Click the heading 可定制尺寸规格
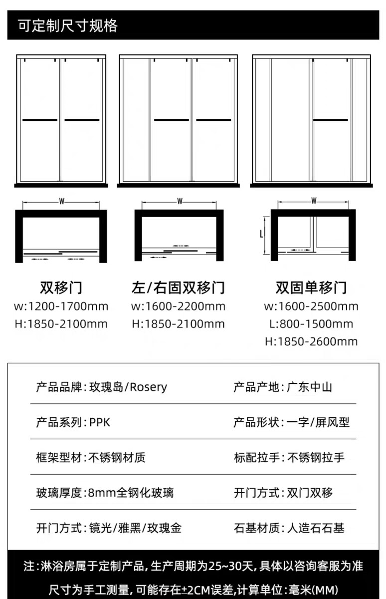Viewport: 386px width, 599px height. tap(68, 25)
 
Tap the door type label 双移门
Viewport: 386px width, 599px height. tap(61, 288)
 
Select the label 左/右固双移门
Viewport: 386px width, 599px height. tap(178, 288)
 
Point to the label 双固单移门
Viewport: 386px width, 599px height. tap(311, 288)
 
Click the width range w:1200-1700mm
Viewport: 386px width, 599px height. tap(61, 306)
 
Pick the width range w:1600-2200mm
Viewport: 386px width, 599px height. tap(178, 306)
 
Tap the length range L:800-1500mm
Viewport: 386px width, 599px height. tap(311, 324)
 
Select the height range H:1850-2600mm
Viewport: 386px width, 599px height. tap(311, 342)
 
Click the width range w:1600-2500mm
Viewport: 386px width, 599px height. tap(311, 306)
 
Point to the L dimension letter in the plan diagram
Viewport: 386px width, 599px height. tap(261, 233)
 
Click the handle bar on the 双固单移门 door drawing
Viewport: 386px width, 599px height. tap(330, 120)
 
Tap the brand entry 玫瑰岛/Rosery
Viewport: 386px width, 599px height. tap(128, 387)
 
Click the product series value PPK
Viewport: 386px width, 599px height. tap(100, 422)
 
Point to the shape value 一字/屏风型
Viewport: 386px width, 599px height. tap(318, 422)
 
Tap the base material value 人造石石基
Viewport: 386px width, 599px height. tap(316, 528)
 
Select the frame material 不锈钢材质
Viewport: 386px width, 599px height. tap(117, 457)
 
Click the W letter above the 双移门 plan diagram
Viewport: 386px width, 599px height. tap(62, 201)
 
